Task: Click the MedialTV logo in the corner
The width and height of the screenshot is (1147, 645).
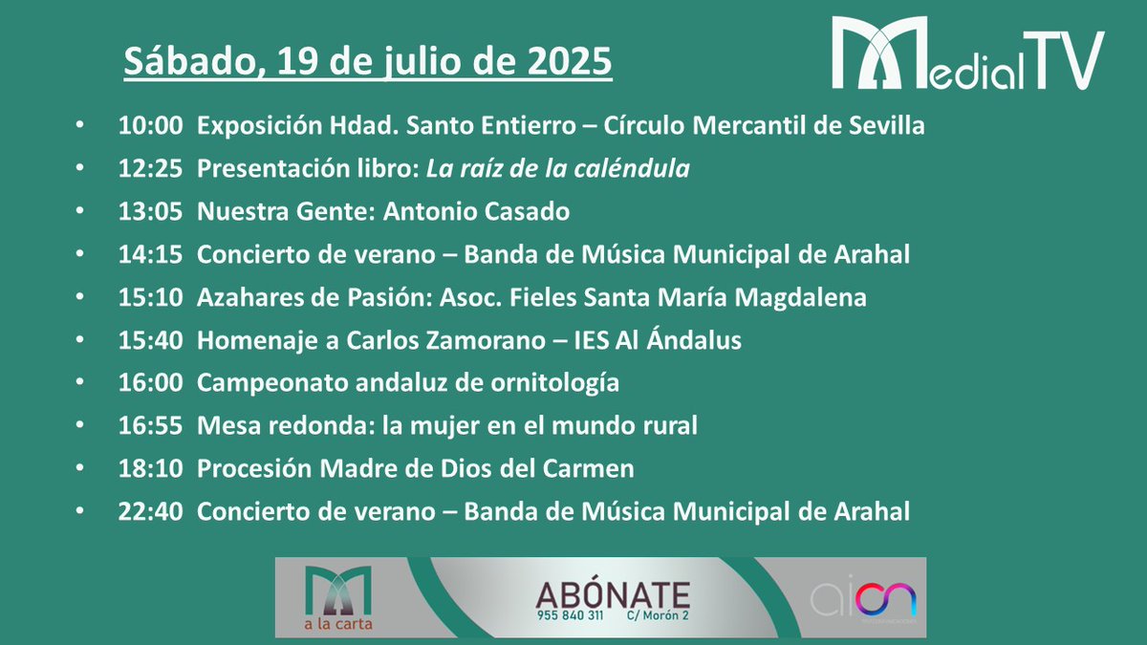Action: click(x=966, y=54)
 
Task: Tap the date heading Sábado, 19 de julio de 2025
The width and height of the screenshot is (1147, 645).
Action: click(x=368, y=62)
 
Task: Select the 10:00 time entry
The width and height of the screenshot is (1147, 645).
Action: click(x=150, y=125)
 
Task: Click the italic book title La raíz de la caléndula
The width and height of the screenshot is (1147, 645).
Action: click(x=558, y=169)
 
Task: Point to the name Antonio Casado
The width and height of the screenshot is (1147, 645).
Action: click(x=476, y=212)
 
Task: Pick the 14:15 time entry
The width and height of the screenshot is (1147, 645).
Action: click(x=150, y=255)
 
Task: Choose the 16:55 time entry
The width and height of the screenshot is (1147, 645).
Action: click(x=150, y=426)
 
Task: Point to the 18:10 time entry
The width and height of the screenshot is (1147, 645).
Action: click(x=150, y=469)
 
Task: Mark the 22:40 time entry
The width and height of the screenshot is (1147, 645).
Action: click(x=150, y=512)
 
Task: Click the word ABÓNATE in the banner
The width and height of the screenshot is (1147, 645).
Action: click(x=612, y=592)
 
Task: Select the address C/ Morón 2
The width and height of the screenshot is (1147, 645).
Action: click(x=657, y=616)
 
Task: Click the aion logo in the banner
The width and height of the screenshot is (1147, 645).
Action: click(x=863, y=600)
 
